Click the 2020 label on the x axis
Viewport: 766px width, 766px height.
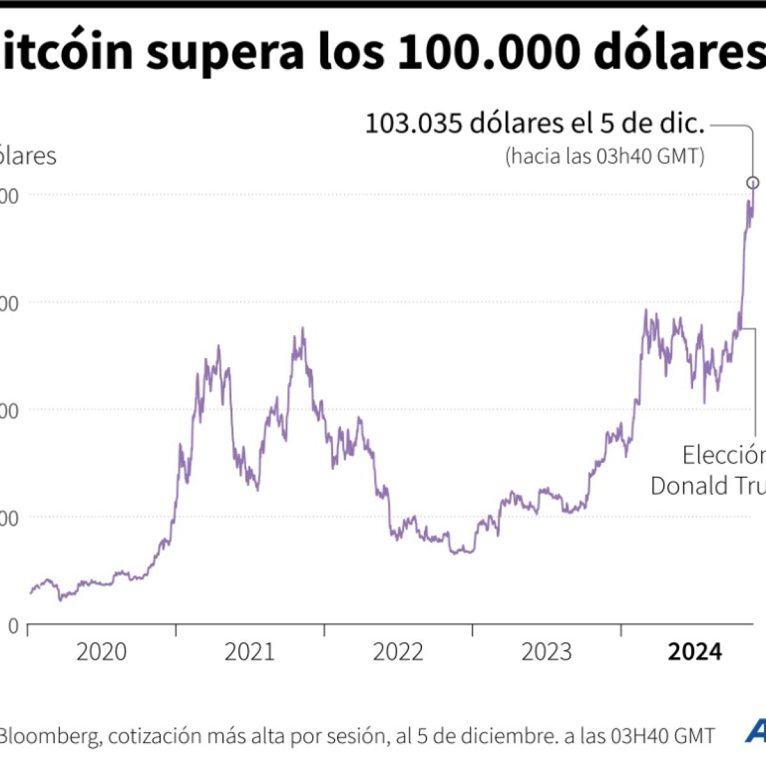pos(101,652)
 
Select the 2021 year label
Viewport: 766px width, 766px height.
pos(250,652)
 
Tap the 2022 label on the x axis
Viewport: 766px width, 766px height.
pos(398,652)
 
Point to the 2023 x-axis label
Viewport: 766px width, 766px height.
pos(546,652)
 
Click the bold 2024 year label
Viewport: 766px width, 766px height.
pos(695,652)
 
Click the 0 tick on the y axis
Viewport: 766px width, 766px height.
pos(13,626)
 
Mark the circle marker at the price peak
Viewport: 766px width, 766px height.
pos(753,183)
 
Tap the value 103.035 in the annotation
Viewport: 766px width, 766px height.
pos(413,124)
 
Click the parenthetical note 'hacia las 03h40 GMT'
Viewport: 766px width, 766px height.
pos(605,156)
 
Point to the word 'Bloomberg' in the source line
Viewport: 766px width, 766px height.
pos(50,736)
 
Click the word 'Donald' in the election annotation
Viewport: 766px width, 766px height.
pos(690,486)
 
